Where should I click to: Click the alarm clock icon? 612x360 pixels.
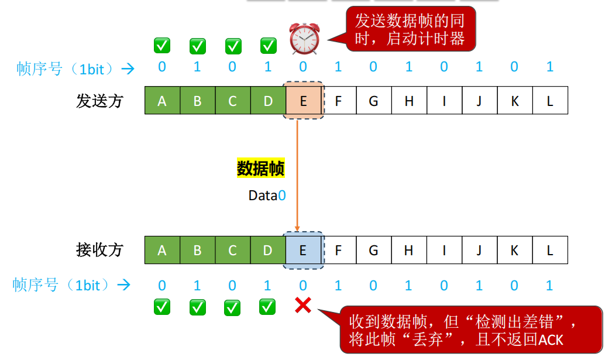pyautogui.click(x=304, y=39)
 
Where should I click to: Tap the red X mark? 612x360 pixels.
pyautogui.click(x=302, y=304)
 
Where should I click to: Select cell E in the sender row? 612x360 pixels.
pyautogui.click(x=303, y=101)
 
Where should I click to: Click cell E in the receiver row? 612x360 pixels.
pyautogui.click(x=303, y=251)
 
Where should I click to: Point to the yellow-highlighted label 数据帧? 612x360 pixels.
pyautogui.click(x=260, y=169)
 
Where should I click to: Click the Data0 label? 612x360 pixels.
pyautogui.click(x=267, y=196)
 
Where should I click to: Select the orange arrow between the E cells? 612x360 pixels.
pyautogui.click(x=297, y=176)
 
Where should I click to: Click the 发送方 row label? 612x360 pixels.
pyautogui.click(x=99, y=101)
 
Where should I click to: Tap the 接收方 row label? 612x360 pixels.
pyautogui.click(x=99, y=251)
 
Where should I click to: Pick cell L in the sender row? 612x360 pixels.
pyautogui.click(x=550, y=101)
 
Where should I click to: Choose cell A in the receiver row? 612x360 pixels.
pyautogui.click(x=162, y=251)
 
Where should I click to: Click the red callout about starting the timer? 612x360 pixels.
pyautogui.click(x=410, y=30)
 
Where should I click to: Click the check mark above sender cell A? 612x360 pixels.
pyautogui.click(x=162, y=45)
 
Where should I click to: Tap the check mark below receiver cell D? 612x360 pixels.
pyautogui.click(x=267, y=306)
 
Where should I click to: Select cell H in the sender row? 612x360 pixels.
pyautogui.click(x=409, y=101)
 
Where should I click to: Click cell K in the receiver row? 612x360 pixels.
pyautogui.click(x=515, y=251)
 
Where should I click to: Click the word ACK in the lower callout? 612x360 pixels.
pyautogui.click(x=550, y=339)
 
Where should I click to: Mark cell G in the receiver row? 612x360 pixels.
pyautogui.click(x=373, y=251)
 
